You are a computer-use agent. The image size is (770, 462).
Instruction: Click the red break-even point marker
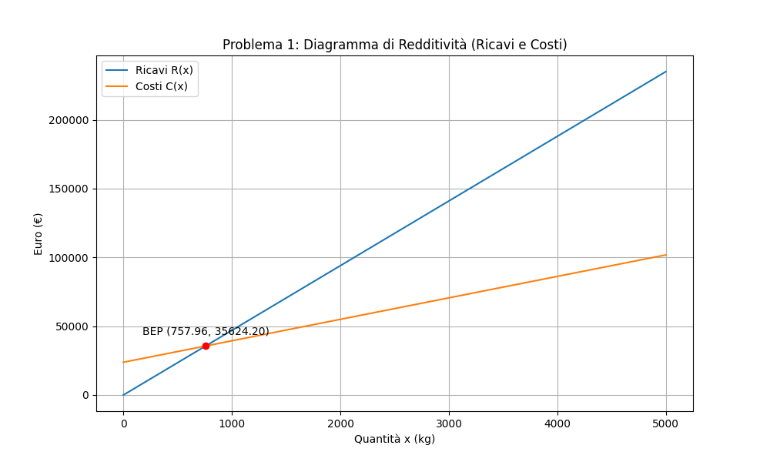click(x=206, y=346)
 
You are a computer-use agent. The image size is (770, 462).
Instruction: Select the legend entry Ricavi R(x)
click(x=164, y=70)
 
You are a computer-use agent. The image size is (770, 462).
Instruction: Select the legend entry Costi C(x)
click(x=162, y=86)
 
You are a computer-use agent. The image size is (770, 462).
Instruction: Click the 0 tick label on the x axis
click(x=123, y=423)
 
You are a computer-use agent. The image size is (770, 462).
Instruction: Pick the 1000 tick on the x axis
click(x=232, y=423)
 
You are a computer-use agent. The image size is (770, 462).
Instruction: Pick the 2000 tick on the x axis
click(x=340, y=423)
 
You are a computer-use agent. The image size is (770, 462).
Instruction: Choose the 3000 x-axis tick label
click(x=449, y=423)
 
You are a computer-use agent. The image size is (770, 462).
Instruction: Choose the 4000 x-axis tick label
click(x=557, y=423)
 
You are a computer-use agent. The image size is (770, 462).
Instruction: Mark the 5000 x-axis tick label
click(x=666, y=423)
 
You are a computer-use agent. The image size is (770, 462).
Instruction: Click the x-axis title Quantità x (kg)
click(x=394, y=439)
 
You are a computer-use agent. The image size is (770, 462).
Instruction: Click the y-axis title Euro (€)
click(x=38, y=233)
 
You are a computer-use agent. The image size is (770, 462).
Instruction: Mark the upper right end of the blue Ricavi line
click(x=666, y=72)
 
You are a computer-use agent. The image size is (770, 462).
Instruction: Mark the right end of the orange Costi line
click(x=666, y=255)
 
